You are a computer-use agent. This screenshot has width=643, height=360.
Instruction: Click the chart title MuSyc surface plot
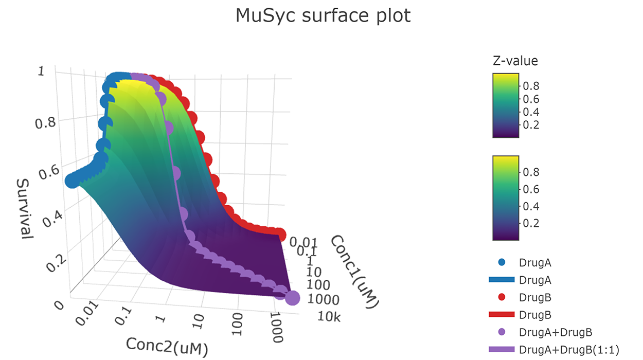(x=323, y=15)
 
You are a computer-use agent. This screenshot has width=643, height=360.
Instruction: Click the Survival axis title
(x=24, y=208)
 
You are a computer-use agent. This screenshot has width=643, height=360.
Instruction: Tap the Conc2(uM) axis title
(x=167, y=347)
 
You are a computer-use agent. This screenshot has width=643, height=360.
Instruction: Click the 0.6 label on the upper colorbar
(x=531, y=99)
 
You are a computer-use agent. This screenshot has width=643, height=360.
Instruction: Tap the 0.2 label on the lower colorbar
(x=531, y=223)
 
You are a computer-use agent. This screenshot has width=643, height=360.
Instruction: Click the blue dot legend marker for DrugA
(x=502, y=263)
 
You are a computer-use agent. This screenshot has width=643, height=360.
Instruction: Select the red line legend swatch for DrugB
(x=502, y=314)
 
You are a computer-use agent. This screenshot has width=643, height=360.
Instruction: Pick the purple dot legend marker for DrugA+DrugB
(x=502, y=331)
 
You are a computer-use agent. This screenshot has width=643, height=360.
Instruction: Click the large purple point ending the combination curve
(x=292, y=298)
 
